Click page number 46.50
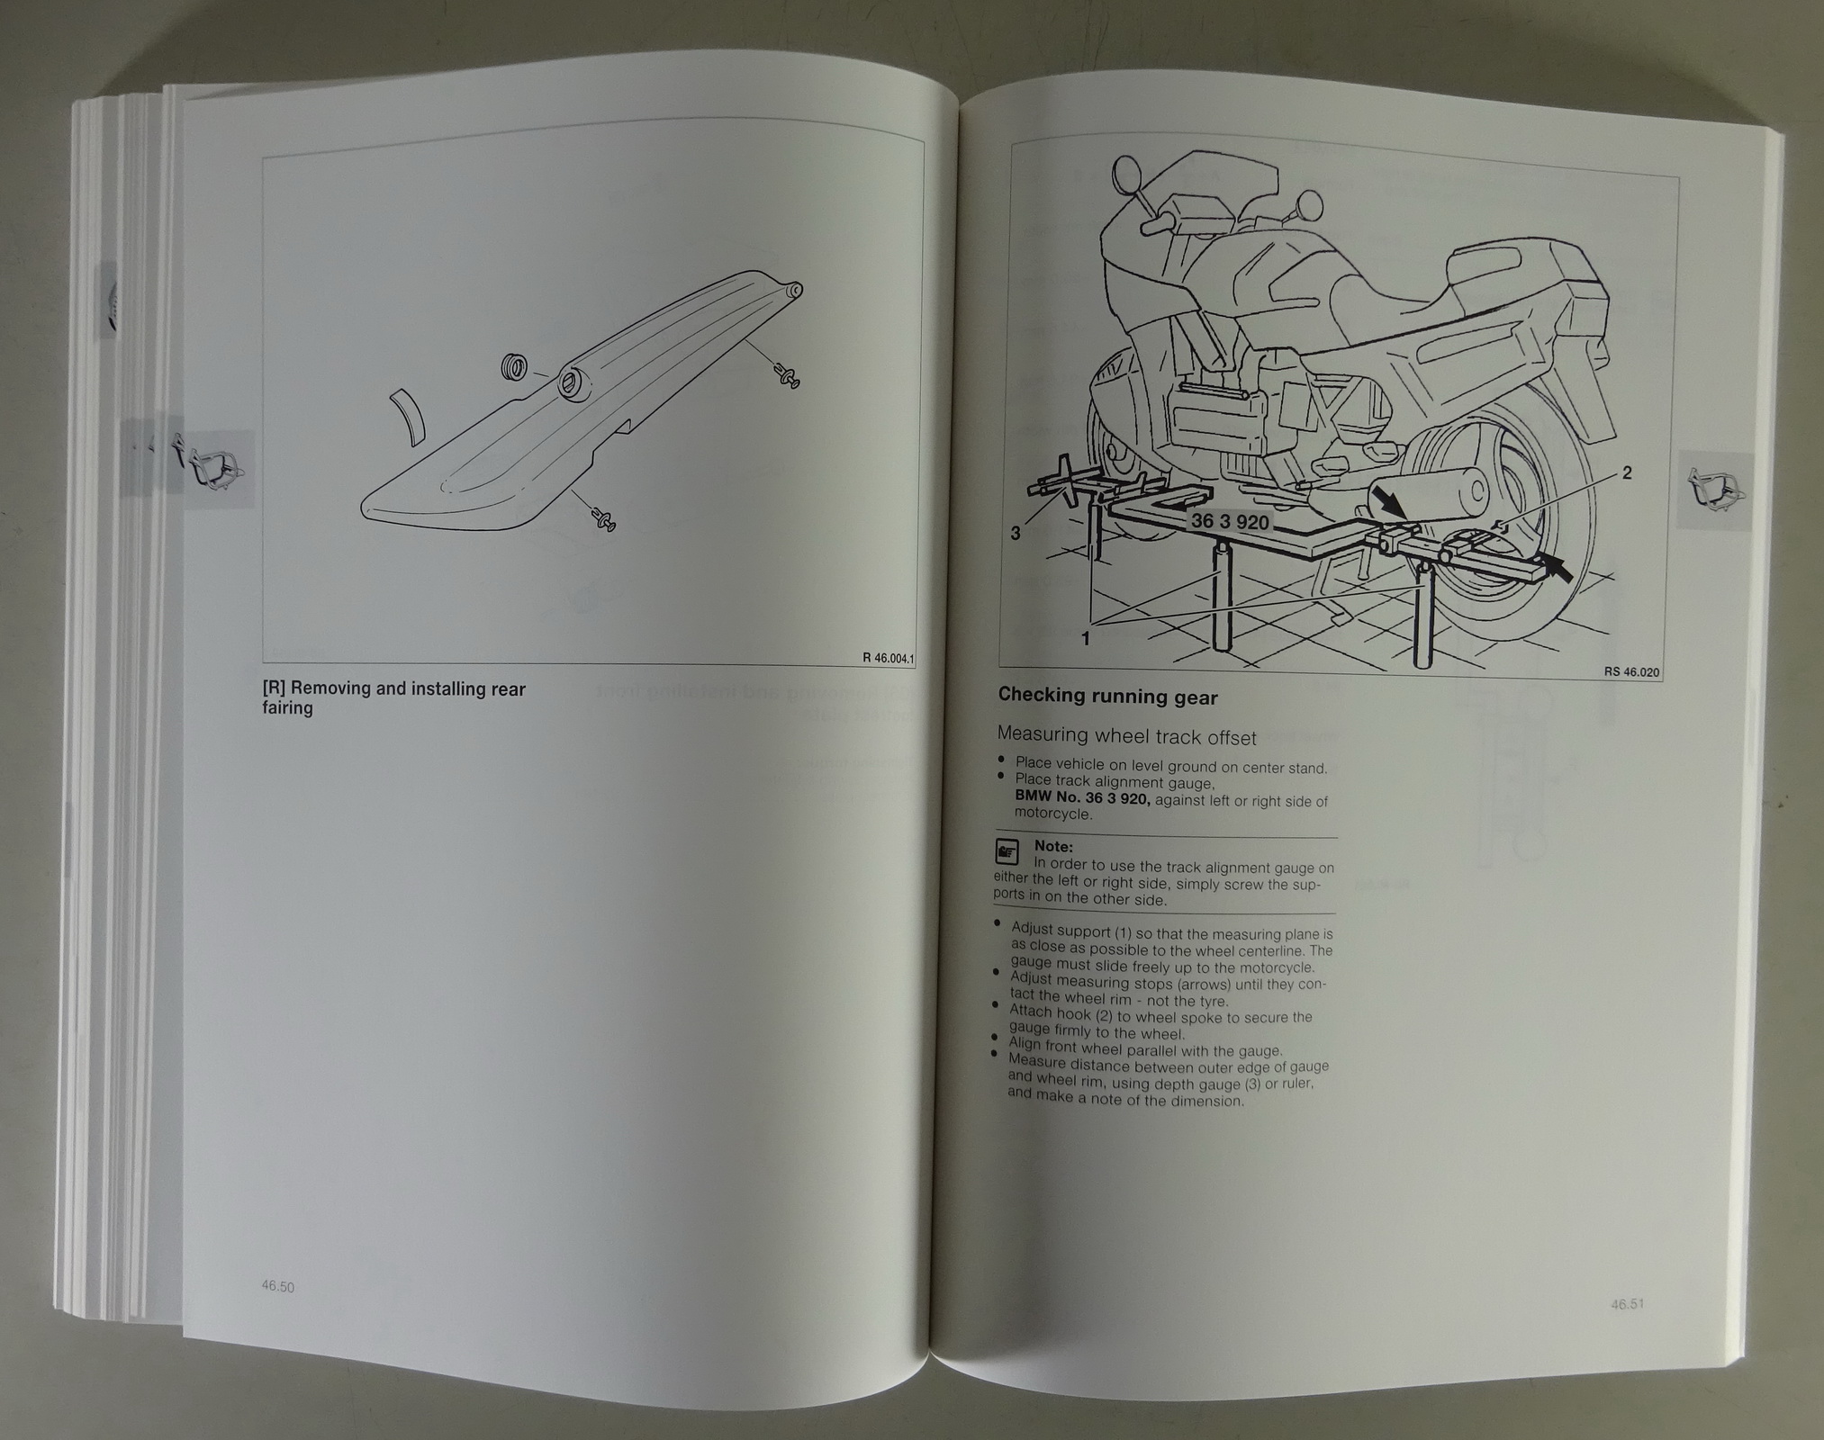click(x=278, y=1287)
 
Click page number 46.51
click(x=1628, y=1303)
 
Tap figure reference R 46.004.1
click(x=888, y=658)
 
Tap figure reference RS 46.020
click(x=1631, y=671)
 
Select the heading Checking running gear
click(x=1107, y=697)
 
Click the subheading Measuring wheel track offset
click(x=1126, y=736)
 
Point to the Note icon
click(x=1007, y=850)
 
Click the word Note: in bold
click(x=1053, y=846)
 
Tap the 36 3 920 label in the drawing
click(x=1230, y=522)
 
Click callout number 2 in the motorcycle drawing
click(x=1627, y=473)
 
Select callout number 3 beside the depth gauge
click(x=1016, y=534)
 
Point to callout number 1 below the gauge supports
click(x=1086, y=638)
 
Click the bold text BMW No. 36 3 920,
click(x=1082, y=796)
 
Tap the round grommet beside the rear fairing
click(x=513, y=368)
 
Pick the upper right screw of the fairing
click(x=786, y=375)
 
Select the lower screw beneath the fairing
click(x=602, y=519)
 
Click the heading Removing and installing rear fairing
click(x=393, y=698)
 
